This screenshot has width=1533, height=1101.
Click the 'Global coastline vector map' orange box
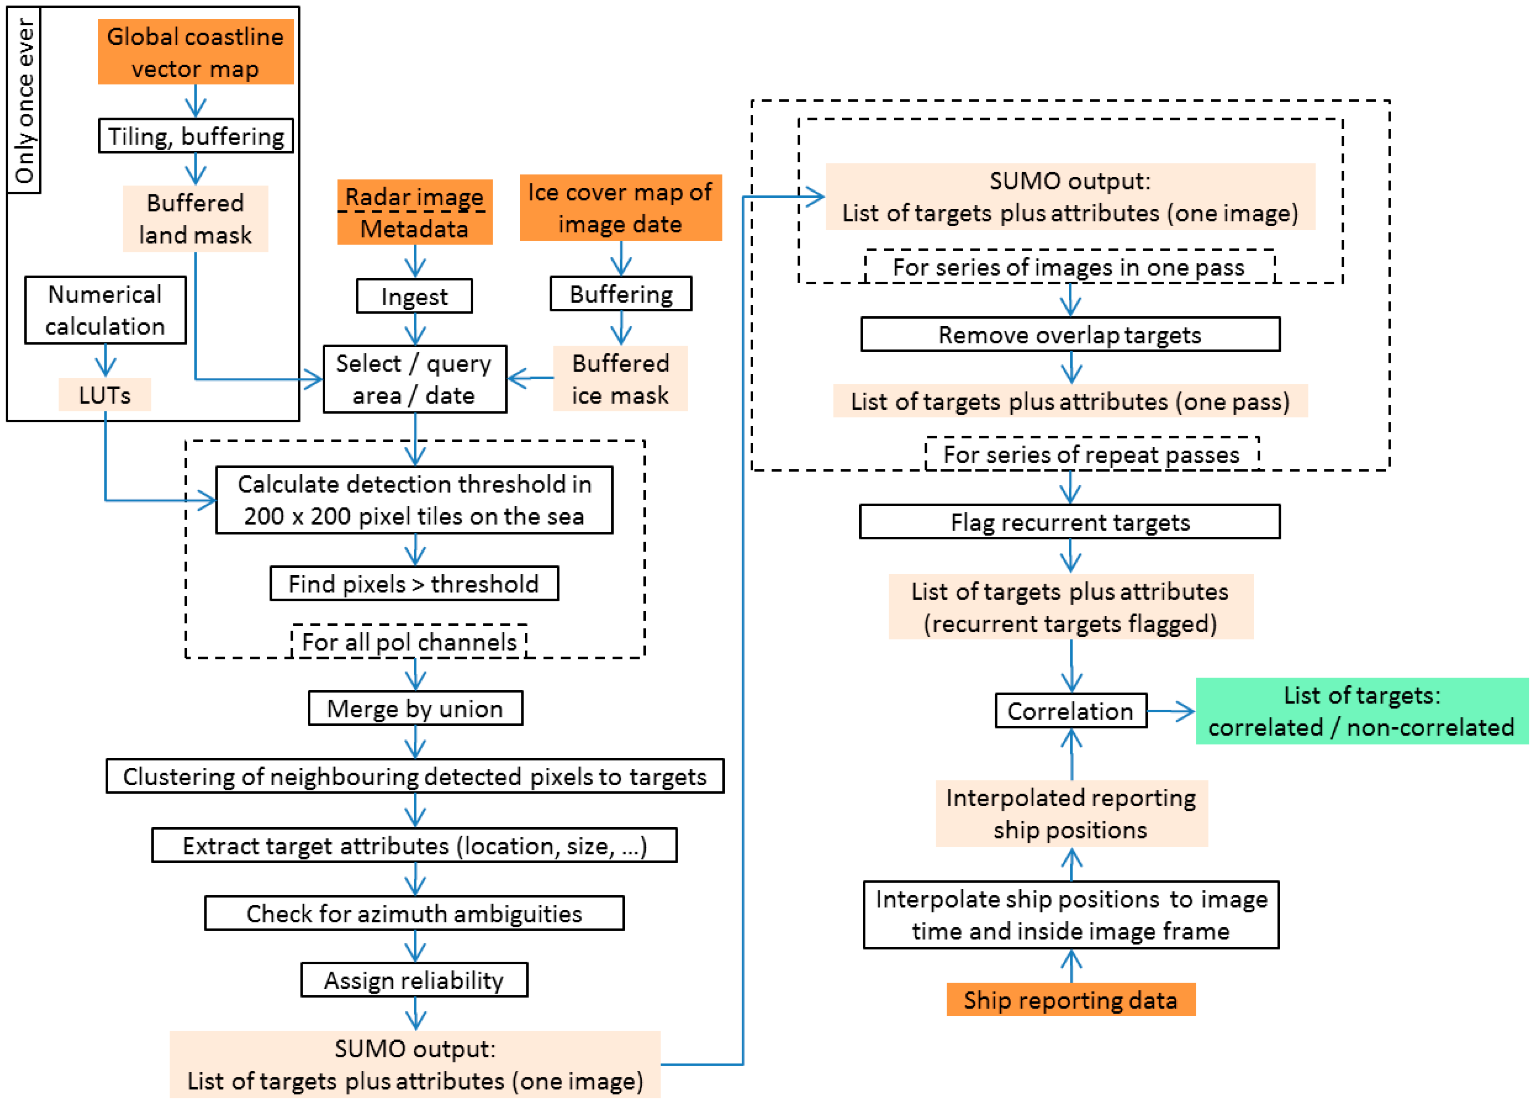tap(195, 52)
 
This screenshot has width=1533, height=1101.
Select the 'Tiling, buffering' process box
tap(195, 136)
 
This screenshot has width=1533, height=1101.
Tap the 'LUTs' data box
tap(105, 395)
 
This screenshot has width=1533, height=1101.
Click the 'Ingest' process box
tap(414, 296)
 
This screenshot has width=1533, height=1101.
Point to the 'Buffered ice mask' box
tap(620, 379)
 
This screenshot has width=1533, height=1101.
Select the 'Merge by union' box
tap(415, 708)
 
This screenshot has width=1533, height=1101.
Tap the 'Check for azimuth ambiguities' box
tap(413, 913)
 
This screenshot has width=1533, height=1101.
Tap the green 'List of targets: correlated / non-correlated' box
tap(1361, 711)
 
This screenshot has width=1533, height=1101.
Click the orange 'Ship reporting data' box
tap(1071, 1000)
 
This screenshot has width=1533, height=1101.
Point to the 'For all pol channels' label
tap(409, 641)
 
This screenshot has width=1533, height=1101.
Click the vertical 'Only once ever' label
tap(24, 100)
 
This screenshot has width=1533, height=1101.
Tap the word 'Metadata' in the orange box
tap(414, 228)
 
